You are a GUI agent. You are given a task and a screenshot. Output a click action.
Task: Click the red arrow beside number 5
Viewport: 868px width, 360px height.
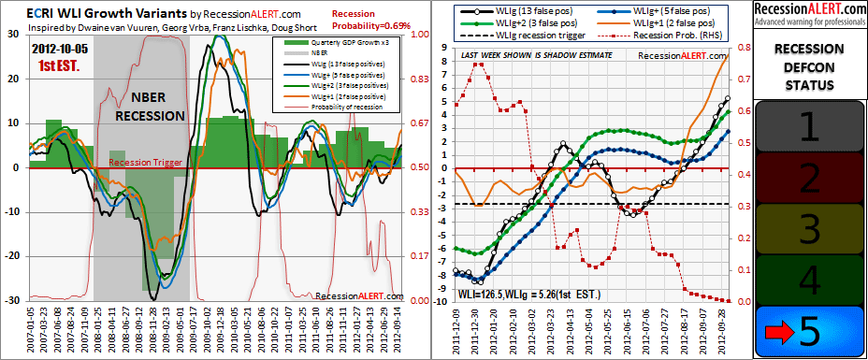775,331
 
